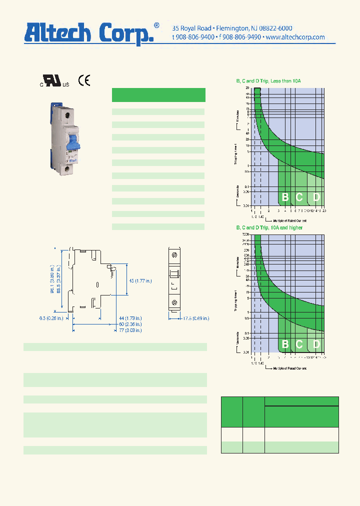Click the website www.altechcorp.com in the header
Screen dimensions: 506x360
pyautogui.click(x=295, y=37)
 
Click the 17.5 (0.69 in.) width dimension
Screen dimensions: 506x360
pyautogui.click(x=195, y=318)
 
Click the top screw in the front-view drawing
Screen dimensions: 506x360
pyautogui.click(x=174, y=255)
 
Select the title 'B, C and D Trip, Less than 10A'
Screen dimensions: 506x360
pyautogui.click(x=268, y=80)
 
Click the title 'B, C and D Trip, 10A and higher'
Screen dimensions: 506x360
pyautogui.click(x=269, y=227)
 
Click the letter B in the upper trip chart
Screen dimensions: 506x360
pyautogui.click(x=285, y=197)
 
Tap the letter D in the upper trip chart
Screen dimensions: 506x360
pyautogui.click(x=316, y=197)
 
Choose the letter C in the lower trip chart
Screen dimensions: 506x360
pyautogui.click(x=299, y=344)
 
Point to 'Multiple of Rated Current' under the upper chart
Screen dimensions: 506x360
pyautogui.click(x=289, y=220)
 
